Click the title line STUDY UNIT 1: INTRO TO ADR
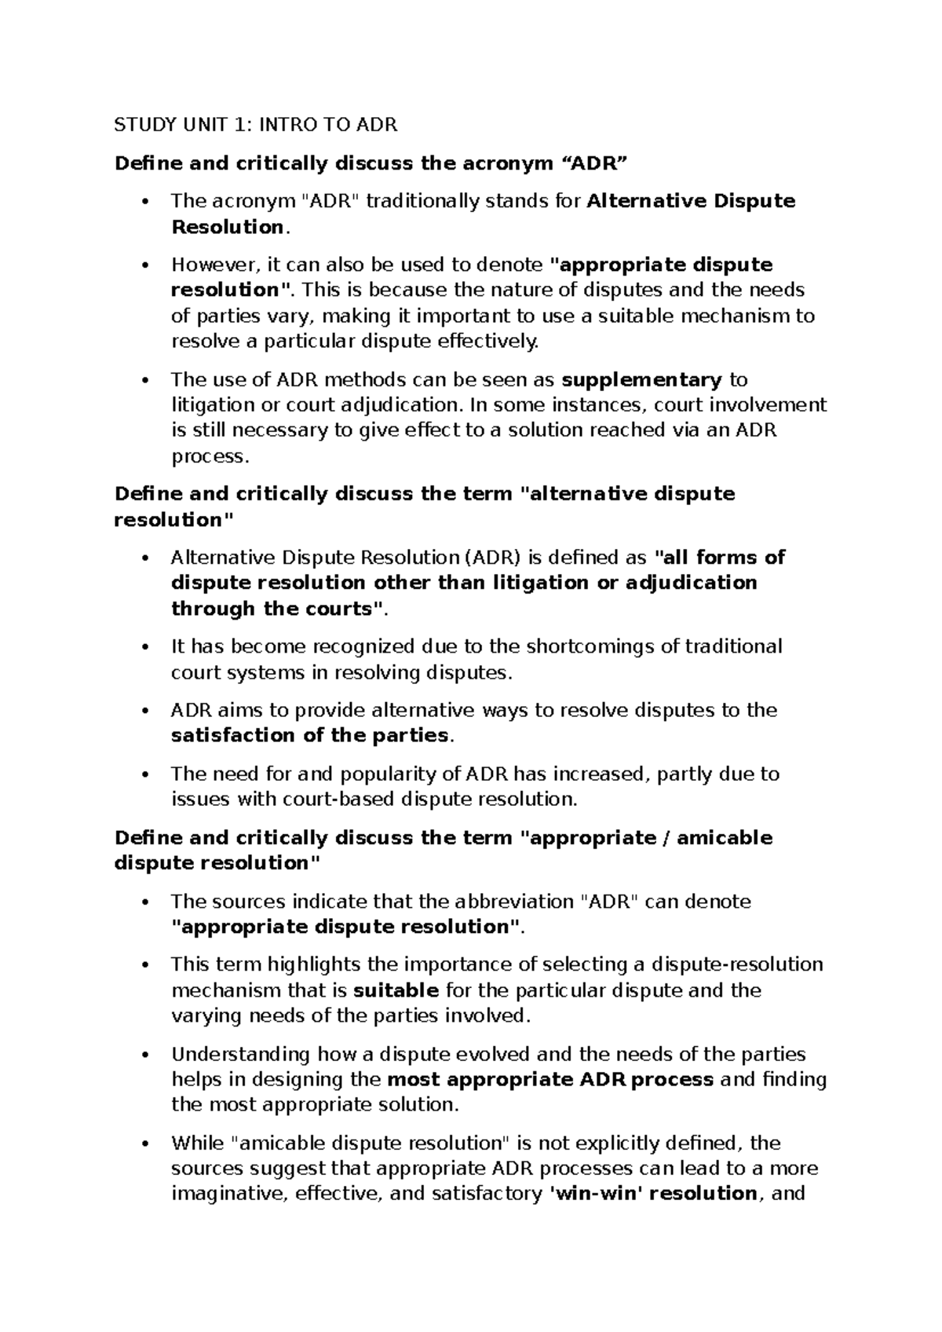[x=256, y=125]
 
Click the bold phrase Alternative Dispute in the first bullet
[x=691, y=201]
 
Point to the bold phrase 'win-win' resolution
[x=651, y=1194]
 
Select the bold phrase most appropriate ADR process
[x=550, y=1079]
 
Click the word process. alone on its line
[x=209, y=456]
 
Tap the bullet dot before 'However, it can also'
[x=144, y=265]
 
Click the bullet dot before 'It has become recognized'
[x=144, y=647]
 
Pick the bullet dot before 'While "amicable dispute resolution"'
[x=144, y=1144]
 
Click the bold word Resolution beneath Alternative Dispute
[x=227, y=227]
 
